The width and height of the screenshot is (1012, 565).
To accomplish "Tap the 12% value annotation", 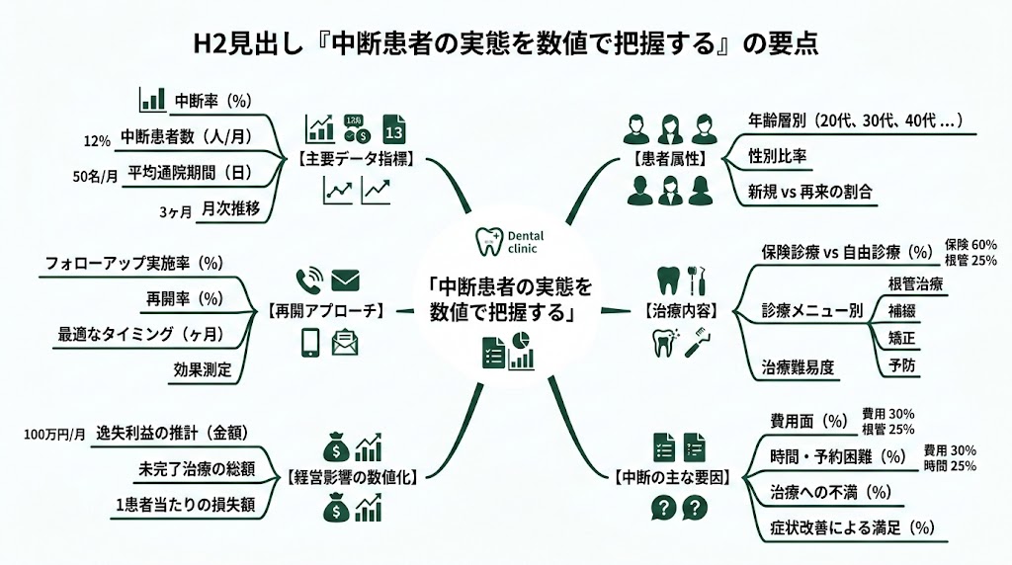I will click(x=97, y=140).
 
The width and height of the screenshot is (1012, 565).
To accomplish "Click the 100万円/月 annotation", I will click(x=52, y=435).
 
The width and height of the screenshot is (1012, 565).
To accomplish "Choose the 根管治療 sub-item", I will click(x=915, y=284).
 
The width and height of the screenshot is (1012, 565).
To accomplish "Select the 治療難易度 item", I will click(x=798, y=367).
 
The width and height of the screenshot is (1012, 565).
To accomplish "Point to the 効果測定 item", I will click(x=202, y=369).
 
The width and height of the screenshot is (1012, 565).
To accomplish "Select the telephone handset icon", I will click(x=309, y=280).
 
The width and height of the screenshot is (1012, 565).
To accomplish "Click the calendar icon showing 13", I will click(x=393, y=128).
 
